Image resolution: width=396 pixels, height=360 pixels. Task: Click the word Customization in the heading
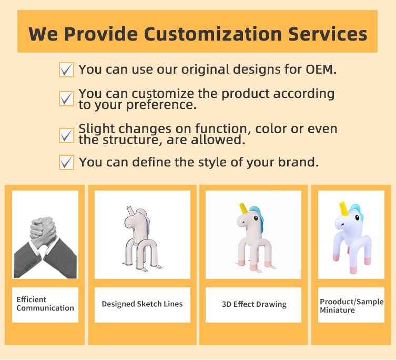coord(212,34)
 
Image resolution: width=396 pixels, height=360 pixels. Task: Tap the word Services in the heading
coord(328,34)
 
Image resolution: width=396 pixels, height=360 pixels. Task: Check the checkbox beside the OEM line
coord(66,69)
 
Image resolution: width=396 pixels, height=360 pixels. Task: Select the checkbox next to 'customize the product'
coord(66,98)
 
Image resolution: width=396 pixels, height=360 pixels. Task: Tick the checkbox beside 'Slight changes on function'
coord(66,135)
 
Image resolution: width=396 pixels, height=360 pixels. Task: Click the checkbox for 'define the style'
coord(66,162)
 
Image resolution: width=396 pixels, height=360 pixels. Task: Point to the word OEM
coord(321,69)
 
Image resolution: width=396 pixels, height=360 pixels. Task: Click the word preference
coord(161,105)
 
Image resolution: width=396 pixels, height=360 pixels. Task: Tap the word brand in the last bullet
coord(298,162)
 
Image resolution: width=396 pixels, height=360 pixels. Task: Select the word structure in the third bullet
coord(132,140)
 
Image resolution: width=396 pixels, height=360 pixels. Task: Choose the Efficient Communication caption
coord(45,304)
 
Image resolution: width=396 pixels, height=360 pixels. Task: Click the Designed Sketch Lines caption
coord(142,304)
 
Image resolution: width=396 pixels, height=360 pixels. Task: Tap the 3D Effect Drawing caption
coord(255,304)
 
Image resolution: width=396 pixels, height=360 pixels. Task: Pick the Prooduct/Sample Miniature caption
coord(351,306)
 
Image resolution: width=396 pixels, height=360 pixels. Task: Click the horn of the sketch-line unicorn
coord(129,211)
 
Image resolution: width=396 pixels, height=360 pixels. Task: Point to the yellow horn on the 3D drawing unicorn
coord(243,208)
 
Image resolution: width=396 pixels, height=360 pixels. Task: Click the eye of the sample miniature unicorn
coord(357,217)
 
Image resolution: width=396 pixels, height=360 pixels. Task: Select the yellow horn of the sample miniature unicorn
coord(344,208)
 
